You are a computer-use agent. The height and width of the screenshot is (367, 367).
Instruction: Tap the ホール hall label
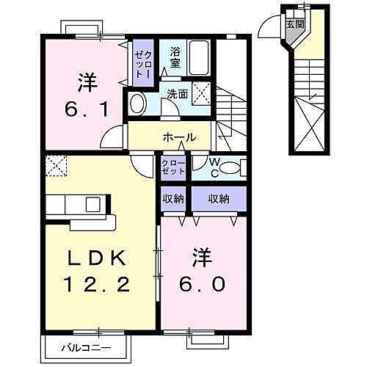tap(179, 137)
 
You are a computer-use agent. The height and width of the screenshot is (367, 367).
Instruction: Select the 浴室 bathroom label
tap(175, 57)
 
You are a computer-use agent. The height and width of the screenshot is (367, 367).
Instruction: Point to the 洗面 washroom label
tap(177, 94)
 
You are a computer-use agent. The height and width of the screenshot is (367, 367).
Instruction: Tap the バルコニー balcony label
tap(86, 346)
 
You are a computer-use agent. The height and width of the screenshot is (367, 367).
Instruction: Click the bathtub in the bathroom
tap(198, 56)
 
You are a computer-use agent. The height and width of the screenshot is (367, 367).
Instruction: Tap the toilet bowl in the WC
tap(229, 168)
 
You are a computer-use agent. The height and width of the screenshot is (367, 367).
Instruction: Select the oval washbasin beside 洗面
tap(137, 103)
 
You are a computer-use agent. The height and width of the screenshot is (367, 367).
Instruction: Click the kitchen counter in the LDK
tap(80, 208)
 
